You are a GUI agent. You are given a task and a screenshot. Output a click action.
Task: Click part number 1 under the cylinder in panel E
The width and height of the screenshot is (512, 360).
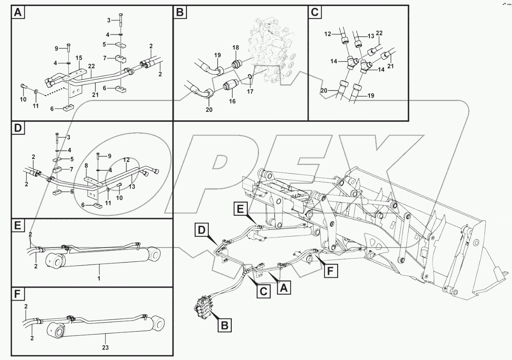[x=98, y=278]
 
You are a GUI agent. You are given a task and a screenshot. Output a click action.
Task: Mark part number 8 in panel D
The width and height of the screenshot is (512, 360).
[x=86, y=166]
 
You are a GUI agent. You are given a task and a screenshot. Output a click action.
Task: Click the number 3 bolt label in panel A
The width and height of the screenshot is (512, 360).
[x=108, y=20]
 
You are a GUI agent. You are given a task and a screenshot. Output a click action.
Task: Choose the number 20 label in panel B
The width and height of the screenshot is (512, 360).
[x=209, y=110]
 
